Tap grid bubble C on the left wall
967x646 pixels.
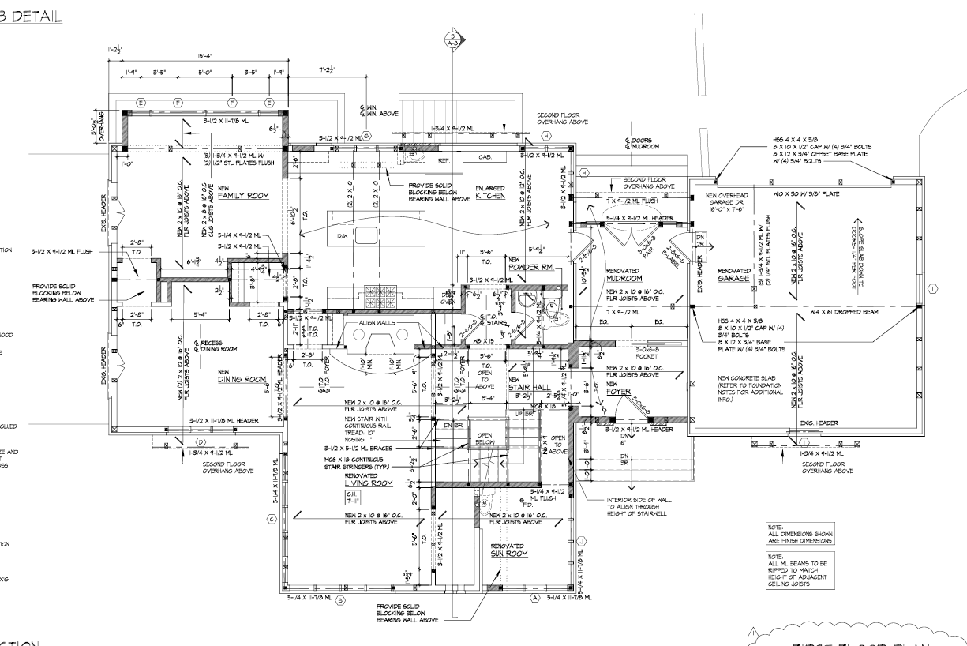click(x=271, y=518)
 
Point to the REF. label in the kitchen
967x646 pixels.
click(x=443, y=159)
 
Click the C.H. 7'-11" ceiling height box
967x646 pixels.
click(x=353, y=497)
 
